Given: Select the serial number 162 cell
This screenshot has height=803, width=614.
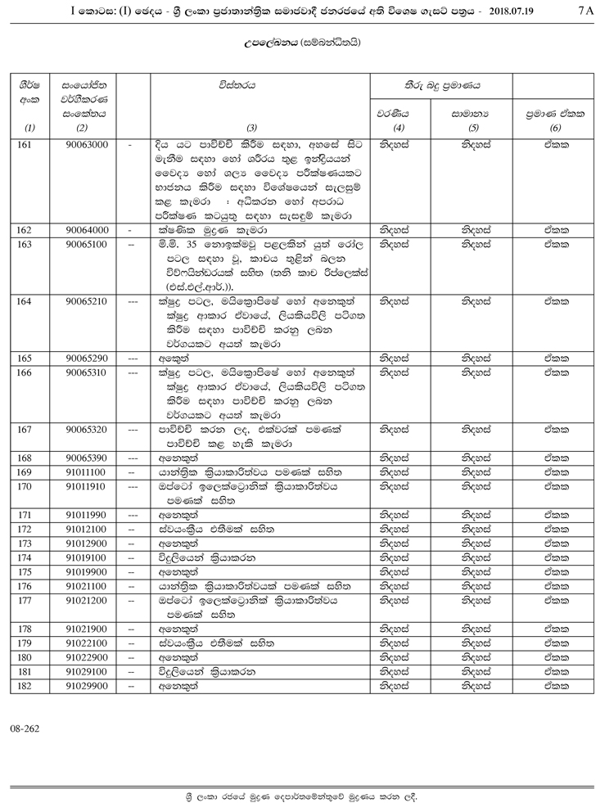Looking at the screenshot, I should (x=29, y=230).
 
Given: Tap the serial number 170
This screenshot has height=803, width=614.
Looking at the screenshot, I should (x=29, y=485).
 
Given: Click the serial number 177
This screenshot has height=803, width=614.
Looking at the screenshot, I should (x=29, y=600).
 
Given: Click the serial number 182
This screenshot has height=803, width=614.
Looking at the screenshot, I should (x=29, y=686).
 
